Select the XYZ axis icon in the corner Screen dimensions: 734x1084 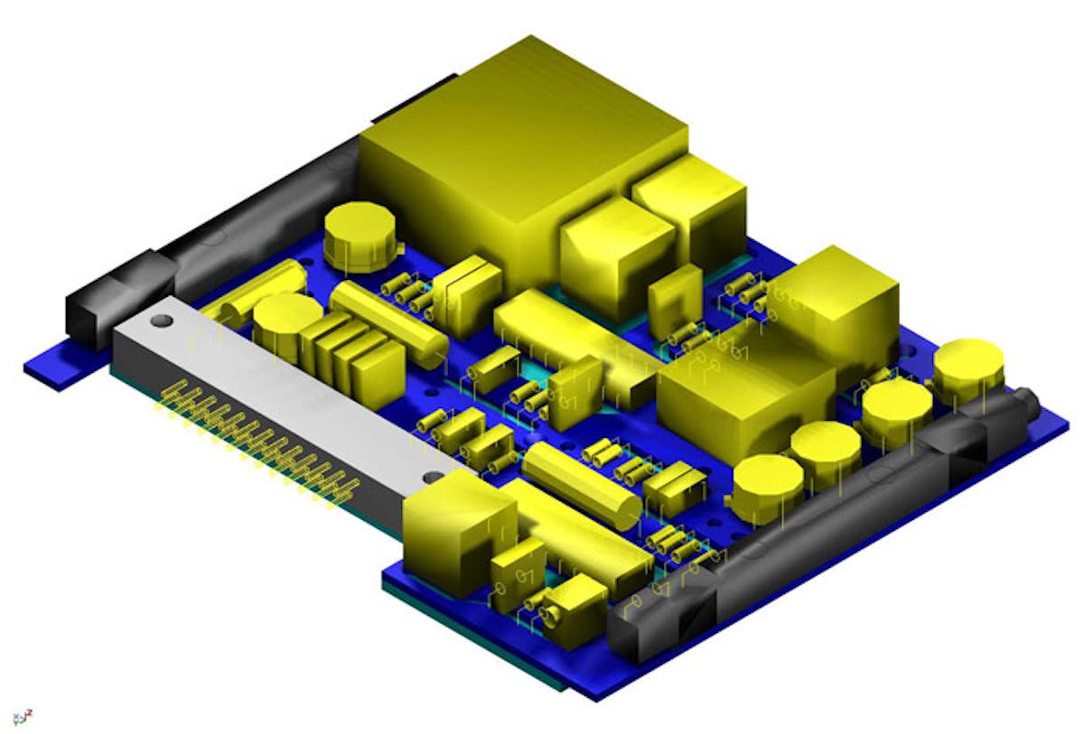tap(23, 719)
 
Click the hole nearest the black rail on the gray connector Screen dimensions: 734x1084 tap(161, 321)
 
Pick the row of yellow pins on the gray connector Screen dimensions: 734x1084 tap(257, 442)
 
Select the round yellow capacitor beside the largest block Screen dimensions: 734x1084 tap(360, 234)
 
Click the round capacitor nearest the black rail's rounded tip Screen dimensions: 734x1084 tap(967, 367)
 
